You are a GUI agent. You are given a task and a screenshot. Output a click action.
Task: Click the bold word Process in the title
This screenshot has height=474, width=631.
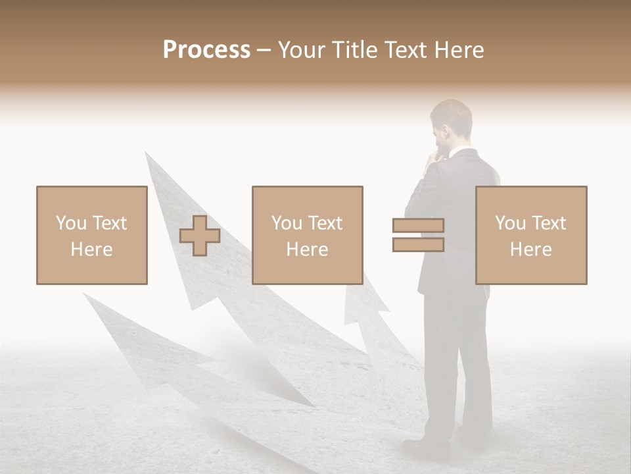[x=206, y=50]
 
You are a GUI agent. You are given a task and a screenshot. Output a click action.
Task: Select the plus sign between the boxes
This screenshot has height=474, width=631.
[x=200, y=236]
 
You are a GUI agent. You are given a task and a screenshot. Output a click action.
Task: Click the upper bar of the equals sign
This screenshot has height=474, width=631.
[x=418, y=225]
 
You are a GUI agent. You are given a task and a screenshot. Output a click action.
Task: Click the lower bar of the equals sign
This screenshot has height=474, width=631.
[x=418, y=245]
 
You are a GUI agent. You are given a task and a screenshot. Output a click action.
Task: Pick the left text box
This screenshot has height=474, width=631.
[x=92, y=235]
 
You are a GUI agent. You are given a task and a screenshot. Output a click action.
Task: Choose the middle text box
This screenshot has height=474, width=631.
[x=307, y=235]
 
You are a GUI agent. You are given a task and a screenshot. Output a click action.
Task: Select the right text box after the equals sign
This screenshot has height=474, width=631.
[x=531, y=235]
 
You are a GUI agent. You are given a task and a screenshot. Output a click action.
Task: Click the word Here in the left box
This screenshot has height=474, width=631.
[x=91, y=250]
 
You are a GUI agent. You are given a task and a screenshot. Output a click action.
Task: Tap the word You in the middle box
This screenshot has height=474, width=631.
[x=287, y=223]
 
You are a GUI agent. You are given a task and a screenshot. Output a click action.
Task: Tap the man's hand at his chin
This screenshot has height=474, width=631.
[x=434, y=159]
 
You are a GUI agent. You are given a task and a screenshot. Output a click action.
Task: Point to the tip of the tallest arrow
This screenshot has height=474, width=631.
[x=147, y=155]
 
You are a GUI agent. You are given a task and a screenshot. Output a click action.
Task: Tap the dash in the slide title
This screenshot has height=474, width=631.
[x=264, y=50]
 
